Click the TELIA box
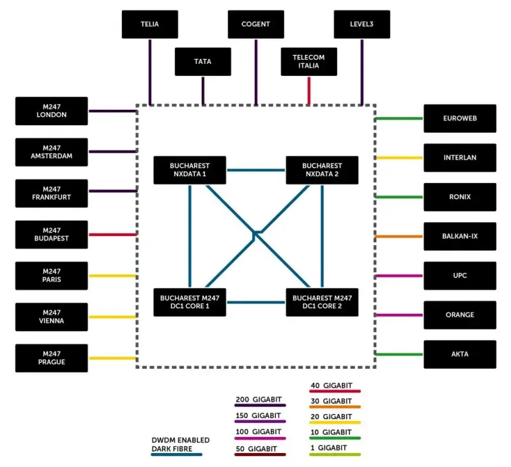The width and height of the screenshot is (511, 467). point(149,25)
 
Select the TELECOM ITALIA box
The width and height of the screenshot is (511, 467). point(309,62)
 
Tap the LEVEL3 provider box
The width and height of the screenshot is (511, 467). point(362,25)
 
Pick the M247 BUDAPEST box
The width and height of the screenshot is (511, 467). point(52,234)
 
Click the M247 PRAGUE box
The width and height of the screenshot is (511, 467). point(52,358)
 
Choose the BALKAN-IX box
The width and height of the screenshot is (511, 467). point(460,236)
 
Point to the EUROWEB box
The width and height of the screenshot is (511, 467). point(460,118)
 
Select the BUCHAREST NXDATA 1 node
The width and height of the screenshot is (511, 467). point(190,170)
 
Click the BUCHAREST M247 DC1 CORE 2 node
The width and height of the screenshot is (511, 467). point(322,302)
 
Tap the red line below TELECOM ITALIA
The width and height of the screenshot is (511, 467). point(309,90)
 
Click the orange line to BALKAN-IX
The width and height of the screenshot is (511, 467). point(399,236)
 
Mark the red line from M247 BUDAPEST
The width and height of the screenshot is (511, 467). point(112,234)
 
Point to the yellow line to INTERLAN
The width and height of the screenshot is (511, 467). point(399,158)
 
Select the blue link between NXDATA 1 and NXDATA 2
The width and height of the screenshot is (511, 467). point(256,170)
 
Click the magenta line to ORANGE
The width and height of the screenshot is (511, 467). point(399,315)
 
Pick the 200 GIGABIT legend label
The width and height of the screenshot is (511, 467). point(258,400)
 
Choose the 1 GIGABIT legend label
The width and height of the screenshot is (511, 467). point(328,448)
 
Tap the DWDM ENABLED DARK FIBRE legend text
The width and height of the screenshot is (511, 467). point(180,444)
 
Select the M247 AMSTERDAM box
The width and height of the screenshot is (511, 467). point(52,152)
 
